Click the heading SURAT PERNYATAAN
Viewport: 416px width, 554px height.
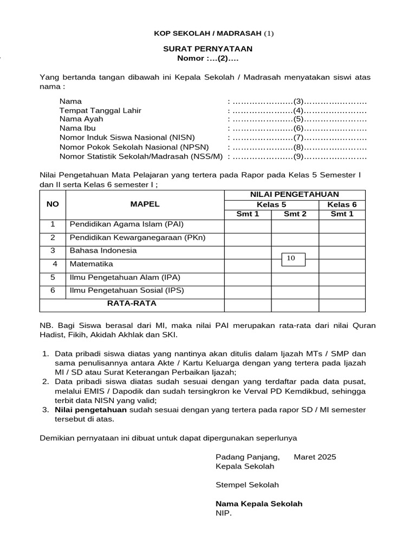click(x=208, y=49)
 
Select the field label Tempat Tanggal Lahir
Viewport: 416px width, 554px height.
click(x=100, y=110)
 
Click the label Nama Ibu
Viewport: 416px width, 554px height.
click(x=77, y=129)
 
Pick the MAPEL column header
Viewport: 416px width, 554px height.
click(x=145, y=205)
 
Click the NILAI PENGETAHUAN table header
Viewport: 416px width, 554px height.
click(x=295, y=194)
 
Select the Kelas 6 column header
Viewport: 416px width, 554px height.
click(x=342, y=205)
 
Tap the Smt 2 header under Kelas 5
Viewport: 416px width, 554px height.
click(x=295, y=214)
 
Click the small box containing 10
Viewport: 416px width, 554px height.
click(x=293, y=259)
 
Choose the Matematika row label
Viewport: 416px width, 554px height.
click(x=91, y=264)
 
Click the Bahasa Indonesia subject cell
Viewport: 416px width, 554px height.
click(x=102, y=251)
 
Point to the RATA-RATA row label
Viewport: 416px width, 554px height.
click(x=132, y=304)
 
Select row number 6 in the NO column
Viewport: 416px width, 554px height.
click(x=53, y=291)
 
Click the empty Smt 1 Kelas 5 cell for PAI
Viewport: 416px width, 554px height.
click(x=248, y=225)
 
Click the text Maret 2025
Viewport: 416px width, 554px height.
click(x=315, y=457)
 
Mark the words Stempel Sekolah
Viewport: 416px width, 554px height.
click(x=247, y=485)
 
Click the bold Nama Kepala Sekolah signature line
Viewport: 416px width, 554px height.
click(x=259, y=504)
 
